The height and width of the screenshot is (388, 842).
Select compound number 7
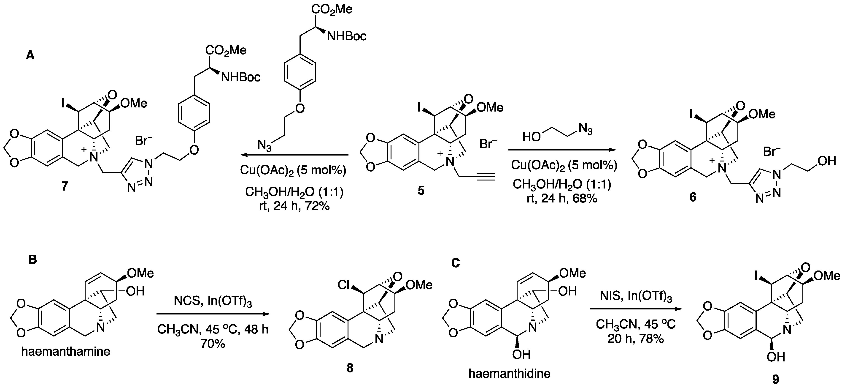(x=64, y=186)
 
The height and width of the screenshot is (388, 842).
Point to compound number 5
(x=421, y=190)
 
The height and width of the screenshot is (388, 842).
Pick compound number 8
(x=350, y=368)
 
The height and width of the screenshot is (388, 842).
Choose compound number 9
(x=775, y=379)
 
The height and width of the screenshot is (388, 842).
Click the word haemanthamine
(x=66, y=351)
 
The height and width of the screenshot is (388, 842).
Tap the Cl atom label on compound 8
(x=344, y=285)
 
